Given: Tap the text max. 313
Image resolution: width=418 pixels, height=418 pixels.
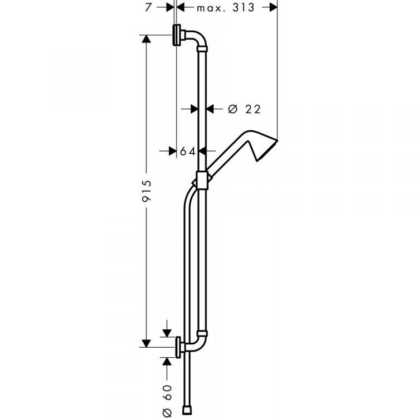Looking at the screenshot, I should pos(225,7).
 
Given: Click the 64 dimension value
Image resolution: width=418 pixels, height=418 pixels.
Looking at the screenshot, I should pos(188,150).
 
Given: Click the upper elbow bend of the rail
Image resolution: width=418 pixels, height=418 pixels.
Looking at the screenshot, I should pos(200,40).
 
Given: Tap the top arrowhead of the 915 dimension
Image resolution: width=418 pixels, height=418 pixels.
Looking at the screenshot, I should pos(147,39).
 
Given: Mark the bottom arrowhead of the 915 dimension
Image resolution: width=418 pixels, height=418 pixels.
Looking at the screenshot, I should pos(147,342).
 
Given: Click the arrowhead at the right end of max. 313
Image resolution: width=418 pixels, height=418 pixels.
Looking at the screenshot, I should pos(273,7).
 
